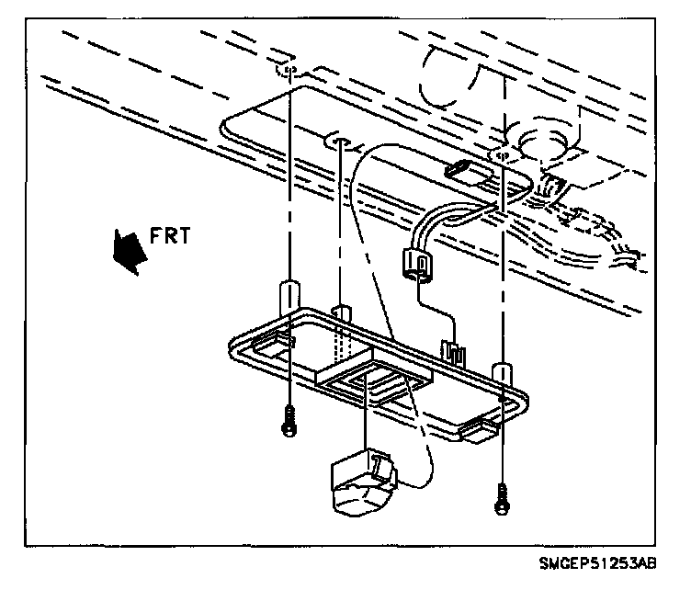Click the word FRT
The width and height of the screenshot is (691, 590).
(169, 236)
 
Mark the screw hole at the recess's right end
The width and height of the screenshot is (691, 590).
(502, 157)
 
